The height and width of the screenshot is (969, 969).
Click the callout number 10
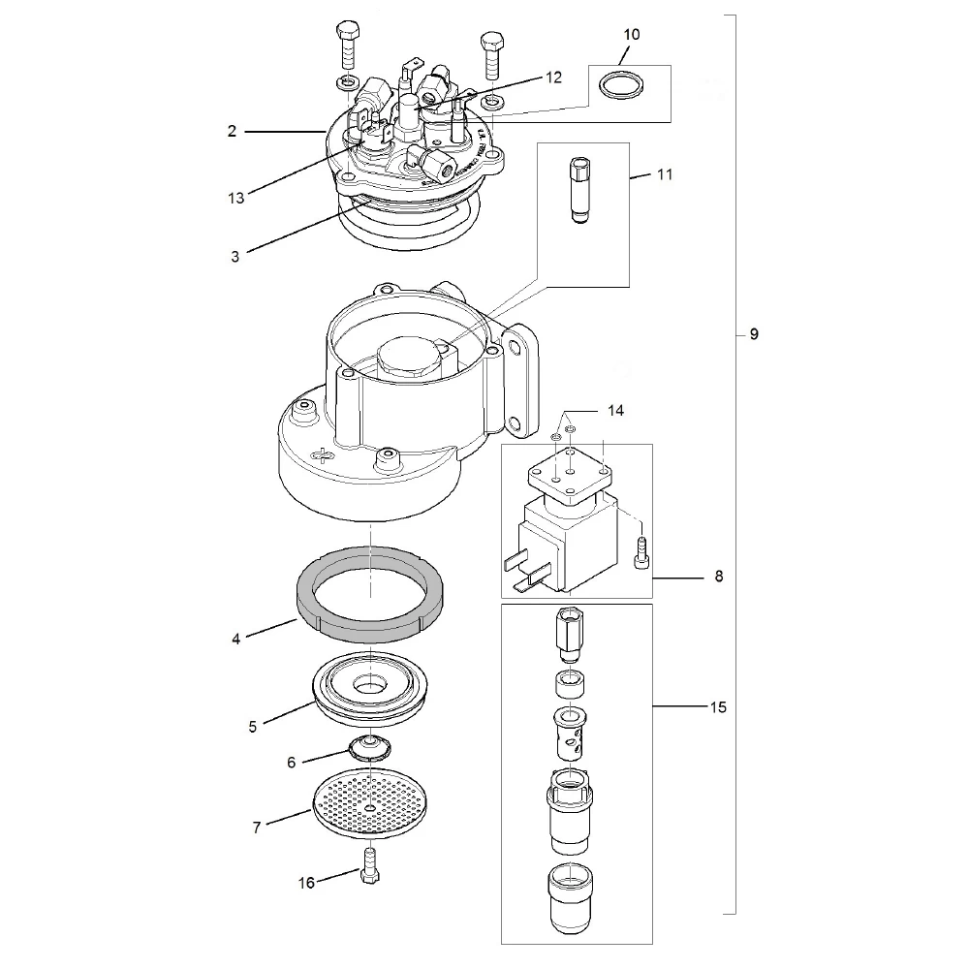click(632, 34)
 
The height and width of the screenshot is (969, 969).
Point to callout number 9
click(754, 334)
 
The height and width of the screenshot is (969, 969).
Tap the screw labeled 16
click(368, 865)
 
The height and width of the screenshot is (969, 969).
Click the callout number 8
click(718, 577)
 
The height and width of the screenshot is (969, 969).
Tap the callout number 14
click(617, 410)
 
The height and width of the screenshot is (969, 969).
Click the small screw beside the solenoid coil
click(640, 555)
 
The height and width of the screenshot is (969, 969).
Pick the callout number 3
click(235, 257)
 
